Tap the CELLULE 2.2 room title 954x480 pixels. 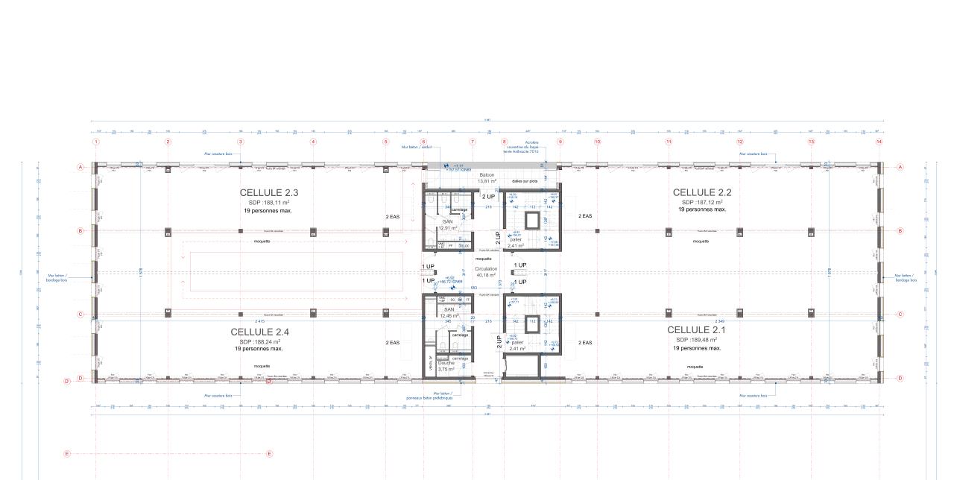(702, 192)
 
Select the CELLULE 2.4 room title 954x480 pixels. (259, 332)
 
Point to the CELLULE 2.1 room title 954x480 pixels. (697, 329)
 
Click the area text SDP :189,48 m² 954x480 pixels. (697, 339)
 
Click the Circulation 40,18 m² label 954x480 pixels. (486, 271)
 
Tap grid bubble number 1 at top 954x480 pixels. (95, 142)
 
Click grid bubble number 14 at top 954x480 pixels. (879, 142)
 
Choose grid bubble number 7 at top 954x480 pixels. (473, 142)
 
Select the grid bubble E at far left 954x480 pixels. (67, 453)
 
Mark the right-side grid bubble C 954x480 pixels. (900, 315)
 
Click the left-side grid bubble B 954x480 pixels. (80, 231)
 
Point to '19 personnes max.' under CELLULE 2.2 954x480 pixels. (702, 209)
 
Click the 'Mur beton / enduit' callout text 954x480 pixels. (416, 148)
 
